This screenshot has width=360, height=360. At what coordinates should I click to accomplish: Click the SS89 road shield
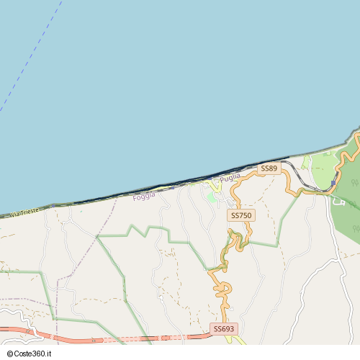tap(269, 168)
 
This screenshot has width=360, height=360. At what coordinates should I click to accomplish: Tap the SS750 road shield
tap(241, 215)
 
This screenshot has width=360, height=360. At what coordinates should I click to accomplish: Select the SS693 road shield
tap(224, 329)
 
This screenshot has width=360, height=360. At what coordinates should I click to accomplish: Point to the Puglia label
tap(230, 177)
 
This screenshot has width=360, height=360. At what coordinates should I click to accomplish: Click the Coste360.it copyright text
tap(33, 354)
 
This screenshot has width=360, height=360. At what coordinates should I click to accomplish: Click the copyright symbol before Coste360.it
tap(9, 354)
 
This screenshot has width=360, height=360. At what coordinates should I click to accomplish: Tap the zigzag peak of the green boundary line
tap(130, 227)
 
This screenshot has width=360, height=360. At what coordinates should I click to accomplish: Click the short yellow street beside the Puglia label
tap(215, 186)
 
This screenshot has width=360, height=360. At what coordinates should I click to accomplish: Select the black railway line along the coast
tap(180, 181)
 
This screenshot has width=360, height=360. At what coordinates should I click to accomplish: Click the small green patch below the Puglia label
tap(211, 197)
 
